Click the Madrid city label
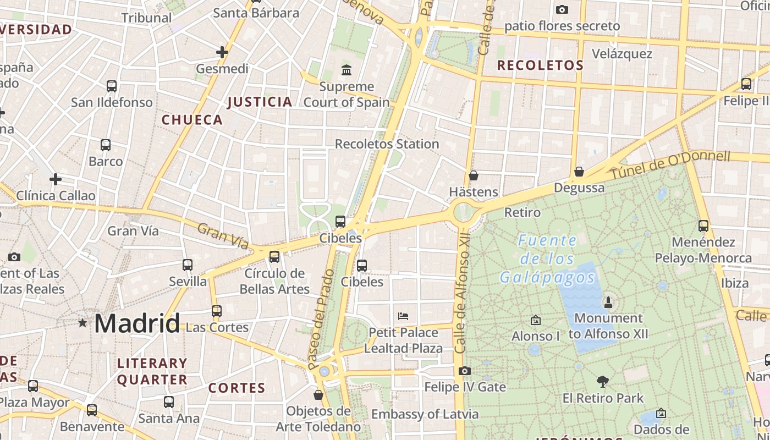tap(137, 323)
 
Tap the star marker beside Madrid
tap(82, 323)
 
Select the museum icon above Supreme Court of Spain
tap(346, 70)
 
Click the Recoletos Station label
tap(387, 144)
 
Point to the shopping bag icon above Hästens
tap(474, 175)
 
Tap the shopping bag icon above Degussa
tap(579, 172)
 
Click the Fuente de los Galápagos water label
tap(547, 258)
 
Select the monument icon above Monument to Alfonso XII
tap(608, 302)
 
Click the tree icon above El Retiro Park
tap(603, 381)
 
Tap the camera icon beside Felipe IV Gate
tap(465, 371)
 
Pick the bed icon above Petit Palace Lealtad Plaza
tap(403, 316)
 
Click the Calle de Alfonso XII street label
tap(462, 291)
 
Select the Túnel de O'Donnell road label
tap(670, 164)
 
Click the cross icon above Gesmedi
tap(222, 52)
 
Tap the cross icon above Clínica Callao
tap(56, 179)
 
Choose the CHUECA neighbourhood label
tap(192, 120)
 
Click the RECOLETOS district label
tap(540, 65)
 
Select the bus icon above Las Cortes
tap(217, 311)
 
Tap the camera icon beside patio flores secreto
tap(562, 9)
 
